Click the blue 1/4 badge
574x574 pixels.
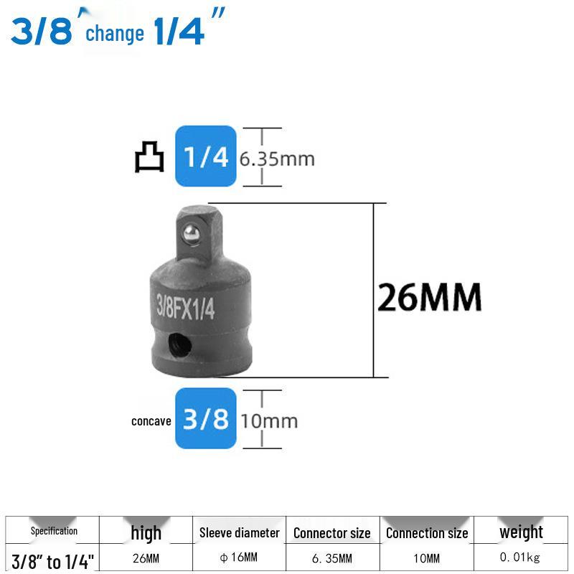point(206,156)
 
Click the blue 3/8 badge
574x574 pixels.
point(206,418)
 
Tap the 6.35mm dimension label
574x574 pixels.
point(277,159)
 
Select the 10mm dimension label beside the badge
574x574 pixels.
point(270,421)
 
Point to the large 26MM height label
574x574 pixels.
point(429,297)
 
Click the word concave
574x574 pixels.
point(151,421)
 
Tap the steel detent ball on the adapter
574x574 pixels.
point(191,233)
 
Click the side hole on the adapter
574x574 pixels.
point(180,344)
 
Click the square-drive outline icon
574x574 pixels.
point(149,156)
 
